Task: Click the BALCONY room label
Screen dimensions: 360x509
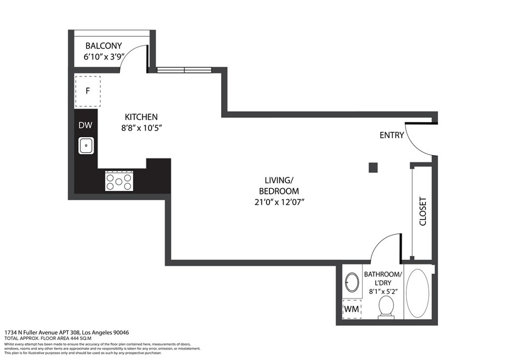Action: pos(103,46)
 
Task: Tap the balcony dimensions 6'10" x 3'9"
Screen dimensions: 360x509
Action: pos(103,57)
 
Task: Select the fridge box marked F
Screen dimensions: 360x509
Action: pos(87,91)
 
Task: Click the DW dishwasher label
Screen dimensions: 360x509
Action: pos(85,126)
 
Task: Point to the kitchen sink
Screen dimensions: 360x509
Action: pos(86,146)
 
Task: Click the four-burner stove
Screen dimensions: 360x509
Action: pos(119,180)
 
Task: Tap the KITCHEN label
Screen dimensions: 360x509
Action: pos(141,117)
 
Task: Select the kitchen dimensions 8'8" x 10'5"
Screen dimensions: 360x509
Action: pos(141,128)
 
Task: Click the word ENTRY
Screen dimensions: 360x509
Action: pos(392,135)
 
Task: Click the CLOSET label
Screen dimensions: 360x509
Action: pos(423,211)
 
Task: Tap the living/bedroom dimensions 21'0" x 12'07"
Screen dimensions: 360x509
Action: pos(279,202)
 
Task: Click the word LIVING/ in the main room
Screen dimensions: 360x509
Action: pos(279,180)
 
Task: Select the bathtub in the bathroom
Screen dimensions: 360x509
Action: pos(420,293)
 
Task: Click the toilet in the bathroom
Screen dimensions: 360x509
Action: pos(386,307)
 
